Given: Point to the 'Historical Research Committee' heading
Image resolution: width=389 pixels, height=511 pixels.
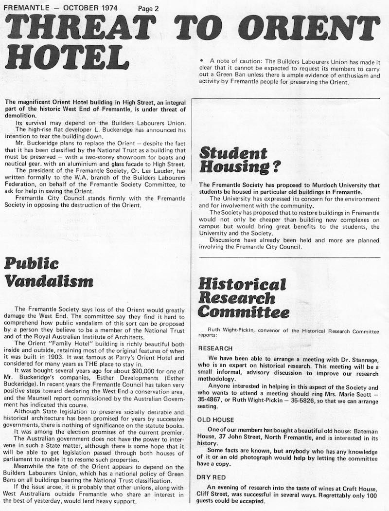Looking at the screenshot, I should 243,297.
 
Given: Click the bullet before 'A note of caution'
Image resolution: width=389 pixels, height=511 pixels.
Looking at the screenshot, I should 201,61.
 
